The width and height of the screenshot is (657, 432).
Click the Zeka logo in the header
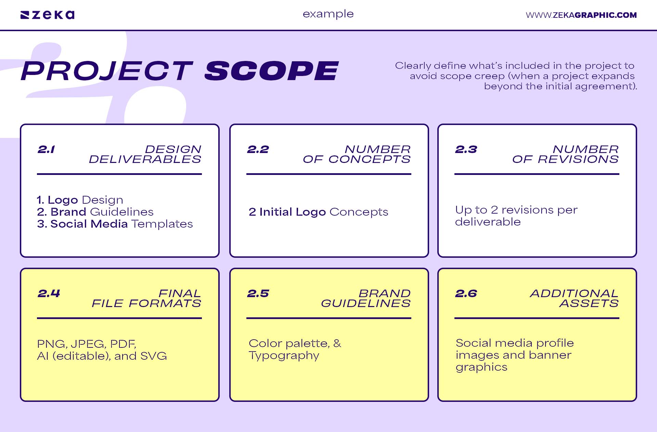point(48,15)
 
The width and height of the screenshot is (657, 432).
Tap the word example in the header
point(328,14)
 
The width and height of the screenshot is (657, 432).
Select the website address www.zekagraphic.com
point(581,15)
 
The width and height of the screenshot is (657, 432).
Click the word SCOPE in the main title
point(271,71)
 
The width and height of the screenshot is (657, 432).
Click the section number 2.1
point(46,150)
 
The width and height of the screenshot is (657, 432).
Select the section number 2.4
point(49,294)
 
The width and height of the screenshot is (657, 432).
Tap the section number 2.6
point(466,294)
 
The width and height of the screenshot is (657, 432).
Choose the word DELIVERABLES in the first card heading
point(145,160)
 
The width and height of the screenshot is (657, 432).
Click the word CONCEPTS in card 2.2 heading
point(369,160)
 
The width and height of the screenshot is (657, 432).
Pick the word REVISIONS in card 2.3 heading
point(578,160)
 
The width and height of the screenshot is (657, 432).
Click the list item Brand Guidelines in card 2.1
point(95,212)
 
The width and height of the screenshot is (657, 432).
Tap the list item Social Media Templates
point(115,224)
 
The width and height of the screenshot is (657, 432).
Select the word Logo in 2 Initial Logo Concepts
point(311,212)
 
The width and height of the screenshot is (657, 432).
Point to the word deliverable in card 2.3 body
point(488,222)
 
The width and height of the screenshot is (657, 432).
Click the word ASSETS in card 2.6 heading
point(589,304)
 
